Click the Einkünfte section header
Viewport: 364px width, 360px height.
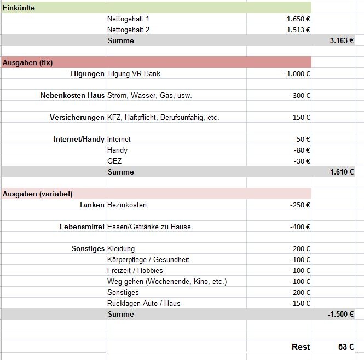click(19, 8)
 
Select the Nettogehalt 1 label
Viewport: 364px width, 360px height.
click(128, 19)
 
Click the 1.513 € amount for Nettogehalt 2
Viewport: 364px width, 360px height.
click(298, 30)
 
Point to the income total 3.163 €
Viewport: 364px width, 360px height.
click(342, 40)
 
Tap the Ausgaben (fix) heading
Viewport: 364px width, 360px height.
click(27, 62)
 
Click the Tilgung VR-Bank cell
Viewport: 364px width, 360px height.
click(134, 73)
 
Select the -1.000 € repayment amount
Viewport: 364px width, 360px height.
click(297, 73)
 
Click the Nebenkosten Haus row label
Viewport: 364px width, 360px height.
click(72, 95)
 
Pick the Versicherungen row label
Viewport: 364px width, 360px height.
click(77, 117)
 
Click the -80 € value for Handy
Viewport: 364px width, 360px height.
click(302, 150)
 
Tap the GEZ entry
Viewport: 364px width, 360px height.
click(114, 161)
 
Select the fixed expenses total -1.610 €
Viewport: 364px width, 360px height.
click(340, 172)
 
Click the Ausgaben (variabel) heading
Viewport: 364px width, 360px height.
click(37, 194)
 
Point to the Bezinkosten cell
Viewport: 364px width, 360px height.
click(127, 205)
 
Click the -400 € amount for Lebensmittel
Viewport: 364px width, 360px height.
click(300, 227)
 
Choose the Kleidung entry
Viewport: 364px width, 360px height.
click(121, 248)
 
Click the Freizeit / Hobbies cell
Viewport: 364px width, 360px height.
click(135, 270)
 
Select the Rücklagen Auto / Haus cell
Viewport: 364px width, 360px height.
click(143, 303)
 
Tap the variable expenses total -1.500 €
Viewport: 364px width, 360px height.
click(340, 314)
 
